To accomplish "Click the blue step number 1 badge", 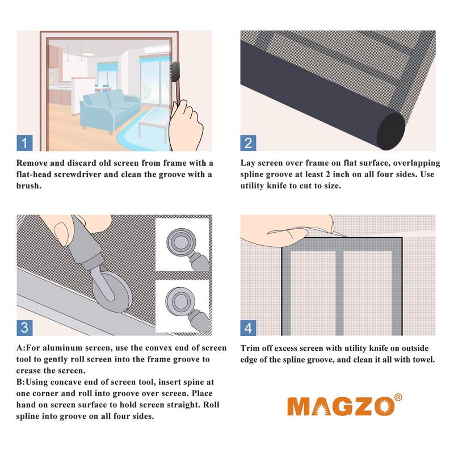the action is click(24, 143).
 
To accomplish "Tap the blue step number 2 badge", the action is click(248, 143).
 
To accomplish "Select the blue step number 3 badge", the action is click(24, 328).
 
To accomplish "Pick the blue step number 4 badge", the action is click(248, 328).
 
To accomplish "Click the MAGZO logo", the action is click(341, 406).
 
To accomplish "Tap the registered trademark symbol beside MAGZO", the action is click(398, 397).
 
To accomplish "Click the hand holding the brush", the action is click(186, 125).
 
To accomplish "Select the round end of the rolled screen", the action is click(390, 131).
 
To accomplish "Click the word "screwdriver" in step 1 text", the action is click(78, 175).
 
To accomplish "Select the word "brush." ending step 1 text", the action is click(29, 186).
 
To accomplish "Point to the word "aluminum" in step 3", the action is click(73, 348).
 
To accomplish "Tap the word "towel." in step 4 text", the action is click(423, 360).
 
